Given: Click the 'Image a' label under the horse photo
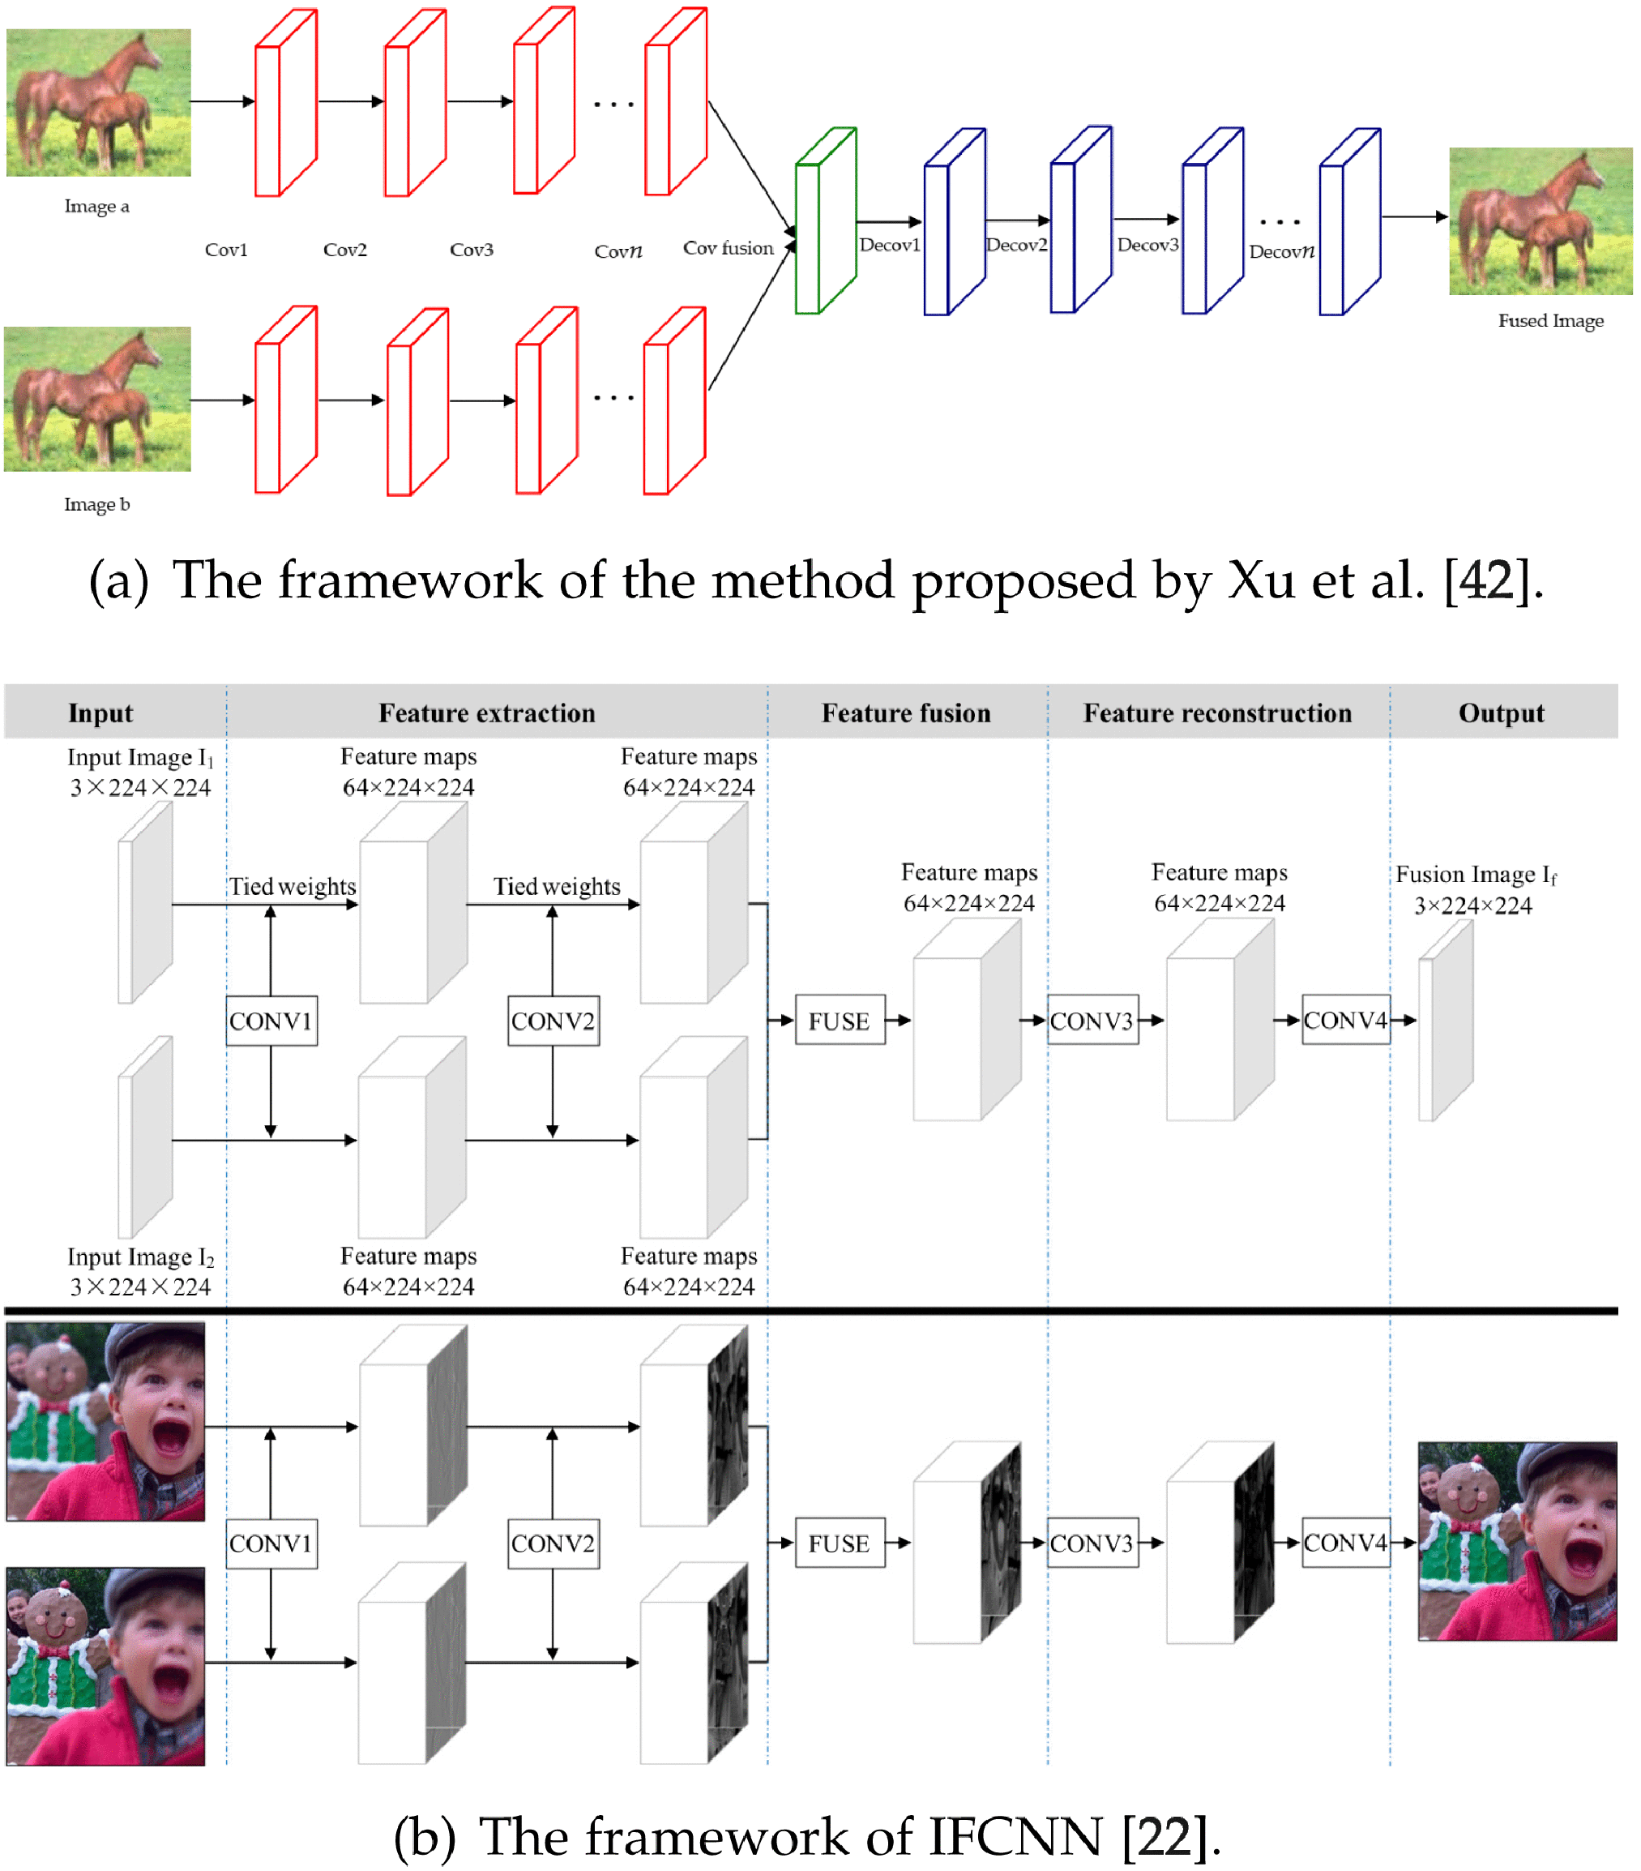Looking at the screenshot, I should coord(96,207).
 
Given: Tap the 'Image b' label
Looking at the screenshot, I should coord(96,504).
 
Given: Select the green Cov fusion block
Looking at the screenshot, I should coord(823,221).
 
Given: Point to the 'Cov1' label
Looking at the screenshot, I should coord(226,250).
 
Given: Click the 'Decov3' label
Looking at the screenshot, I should coord(1147,246).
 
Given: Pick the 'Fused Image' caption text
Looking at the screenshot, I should coord(1549,320).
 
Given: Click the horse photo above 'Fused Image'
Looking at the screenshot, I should coord(1540,221).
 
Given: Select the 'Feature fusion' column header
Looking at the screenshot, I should coord(905,713).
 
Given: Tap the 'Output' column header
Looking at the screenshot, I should coord(1500,713).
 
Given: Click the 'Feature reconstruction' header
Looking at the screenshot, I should coord(1216,713).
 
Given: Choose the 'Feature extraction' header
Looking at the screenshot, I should coord(486,713).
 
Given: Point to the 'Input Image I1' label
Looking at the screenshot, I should coord(139,758).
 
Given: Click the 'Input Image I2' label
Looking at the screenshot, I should coord(139,1257).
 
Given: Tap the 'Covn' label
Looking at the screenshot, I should coord(618,250).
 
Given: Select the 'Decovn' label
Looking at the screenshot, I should coord(1280,252).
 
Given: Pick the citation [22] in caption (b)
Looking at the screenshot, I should coord(1165,1836).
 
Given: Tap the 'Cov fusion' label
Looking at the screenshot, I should coord(728,248).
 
